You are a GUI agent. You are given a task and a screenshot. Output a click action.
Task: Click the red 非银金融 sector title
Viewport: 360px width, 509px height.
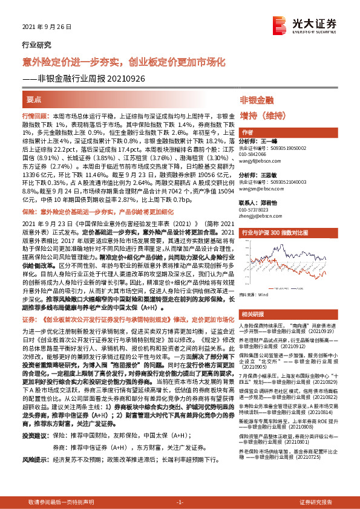(257, 100)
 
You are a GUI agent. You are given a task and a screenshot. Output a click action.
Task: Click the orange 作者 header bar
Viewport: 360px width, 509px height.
(247, 132)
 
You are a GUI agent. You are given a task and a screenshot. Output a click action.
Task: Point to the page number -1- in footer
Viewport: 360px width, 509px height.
(179, 502)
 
